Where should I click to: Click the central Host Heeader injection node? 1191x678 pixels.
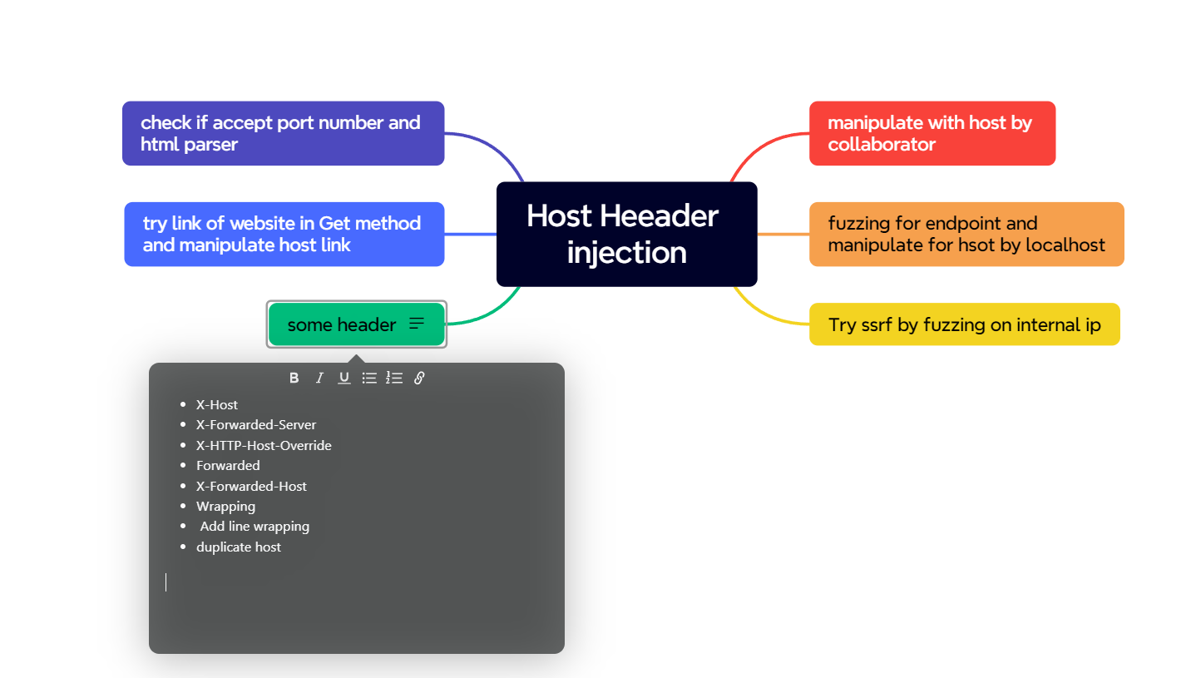pos(626,234)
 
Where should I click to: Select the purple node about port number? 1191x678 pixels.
pos(283,133)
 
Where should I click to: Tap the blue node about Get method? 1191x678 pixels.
pos(284,234)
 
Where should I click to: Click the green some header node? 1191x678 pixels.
pos(356,324)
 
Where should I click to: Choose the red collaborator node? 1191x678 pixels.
pos(932,133)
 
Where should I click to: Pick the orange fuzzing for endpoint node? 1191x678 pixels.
pos(966,234)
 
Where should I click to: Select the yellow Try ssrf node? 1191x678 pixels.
pos(964,324)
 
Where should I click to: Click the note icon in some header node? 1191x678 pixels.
pos(417,324)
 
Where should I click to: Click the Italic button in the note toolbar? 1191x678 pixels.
pos(319,378)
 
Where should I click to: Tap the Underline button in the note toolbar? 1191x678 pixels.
pos(344,378)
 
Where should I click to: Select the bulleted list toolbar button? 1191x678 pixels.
pos(369,378)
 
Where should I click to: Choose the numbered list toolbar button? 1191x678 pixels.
pos(394,378)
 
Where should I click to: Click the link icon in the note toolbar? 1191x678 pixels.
pos(419,378)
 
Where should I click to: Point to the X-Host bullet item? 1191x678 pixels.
pos(217,404)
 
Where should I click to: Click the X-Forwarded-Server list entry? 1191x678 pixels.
pos(255,424)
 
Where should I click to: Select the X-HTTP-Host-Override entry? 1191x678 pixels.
pos(264,445)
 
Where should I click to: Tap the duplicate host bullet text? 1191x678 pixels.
pos(238,547)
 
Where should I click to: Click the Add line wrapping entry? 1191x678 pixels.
pos(255,527)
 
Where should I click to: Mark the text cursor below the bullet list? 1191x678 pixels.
pos(166,582)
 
